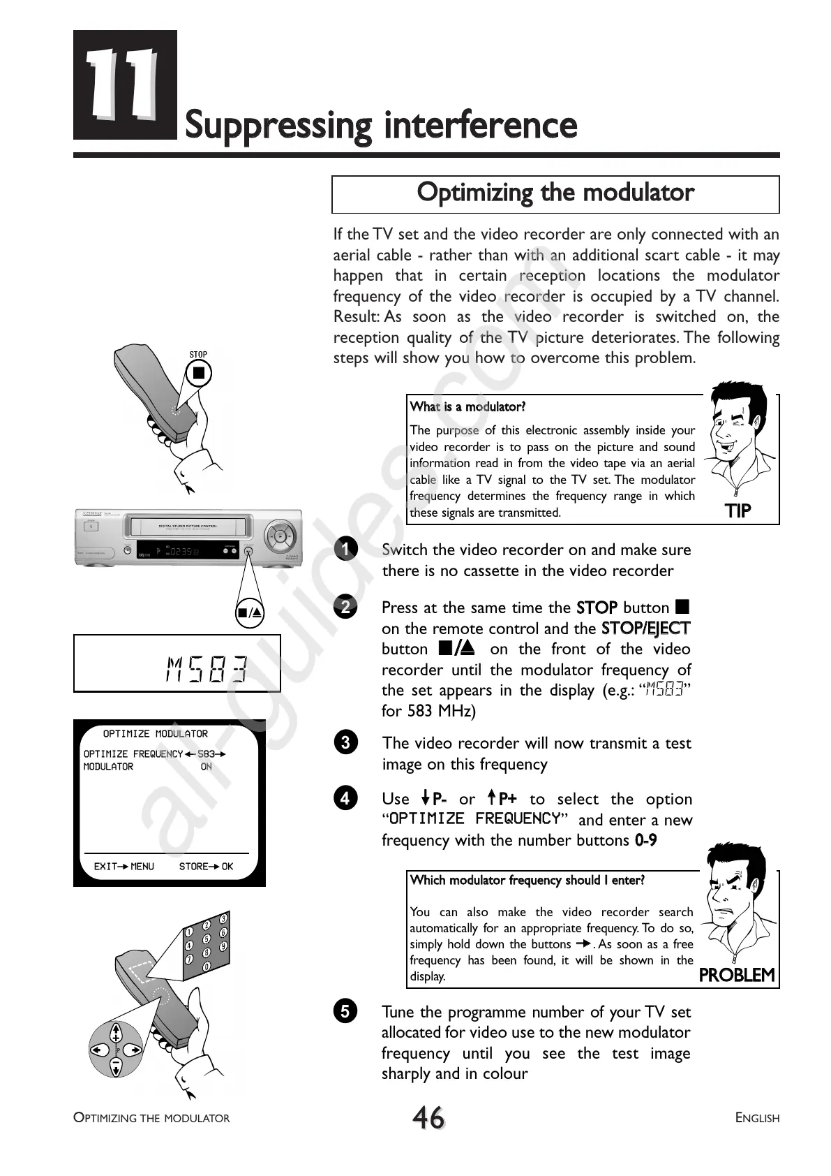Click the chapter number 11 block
click(125, 84)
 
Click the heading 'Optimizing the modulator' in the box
click(555, 193)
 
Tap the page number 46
click(428, 1117)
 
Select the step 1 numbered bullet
click(345, 549)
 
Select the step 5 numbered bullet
click(345, 1010)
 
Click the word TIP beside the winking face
click(738, 511)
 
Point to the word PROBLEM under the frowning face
click(737, 975)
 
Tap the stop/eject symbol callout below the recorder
click(249, 613)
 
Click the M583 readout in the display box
click(207, 670)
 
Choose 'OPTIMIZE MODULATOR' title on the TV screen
click(156, 734)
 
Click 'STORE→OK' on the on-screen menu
click(206, 867)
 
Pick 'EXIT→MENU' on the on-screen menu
click(124, 867)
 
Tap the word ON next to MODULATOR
click(207, 767)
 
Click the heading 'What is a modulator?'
click(467, 407)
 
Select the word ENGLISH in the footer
click(757, 1118)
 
